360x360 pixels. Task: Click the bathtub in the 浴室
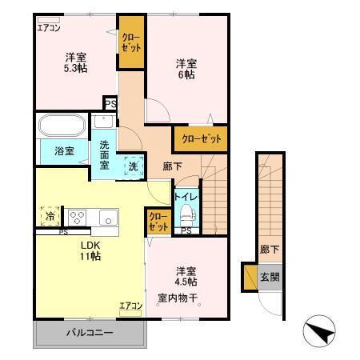point(62,126)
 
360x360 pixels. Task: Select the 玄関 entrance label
point(269,278)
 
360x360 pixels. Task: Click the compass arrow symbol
point(318,331)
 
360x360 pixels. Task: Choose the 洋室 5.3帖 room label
point(76,62)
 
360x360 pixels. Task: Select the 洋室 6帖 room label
point(186,69)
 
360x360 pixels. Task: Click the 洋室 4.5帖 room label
point(186,276)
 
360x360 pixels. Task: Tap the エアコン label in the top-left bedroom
point(49,28)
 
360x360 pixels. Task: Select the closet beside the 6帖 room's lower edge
point(200,139)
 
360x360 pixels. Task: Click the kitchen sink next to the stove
point(106,217)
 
